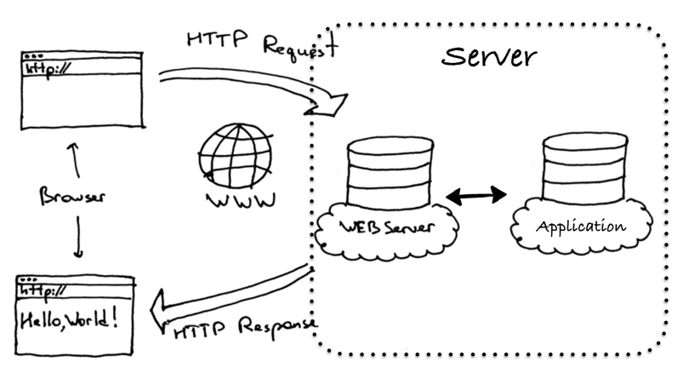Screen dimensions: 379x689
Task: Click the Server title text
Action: [489, 57]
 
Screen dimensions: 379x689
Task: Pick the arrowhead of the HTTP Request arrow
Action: [334, 105]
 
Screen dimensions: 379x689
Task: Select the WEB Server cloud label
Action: [387, 227]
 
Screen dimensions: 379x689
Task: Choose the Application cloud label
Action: [581, 227]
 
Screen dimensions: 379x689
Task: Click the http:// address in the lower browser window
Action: [42, 291]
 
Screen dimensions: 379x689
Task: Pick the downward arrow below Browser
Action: [77, 241]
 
